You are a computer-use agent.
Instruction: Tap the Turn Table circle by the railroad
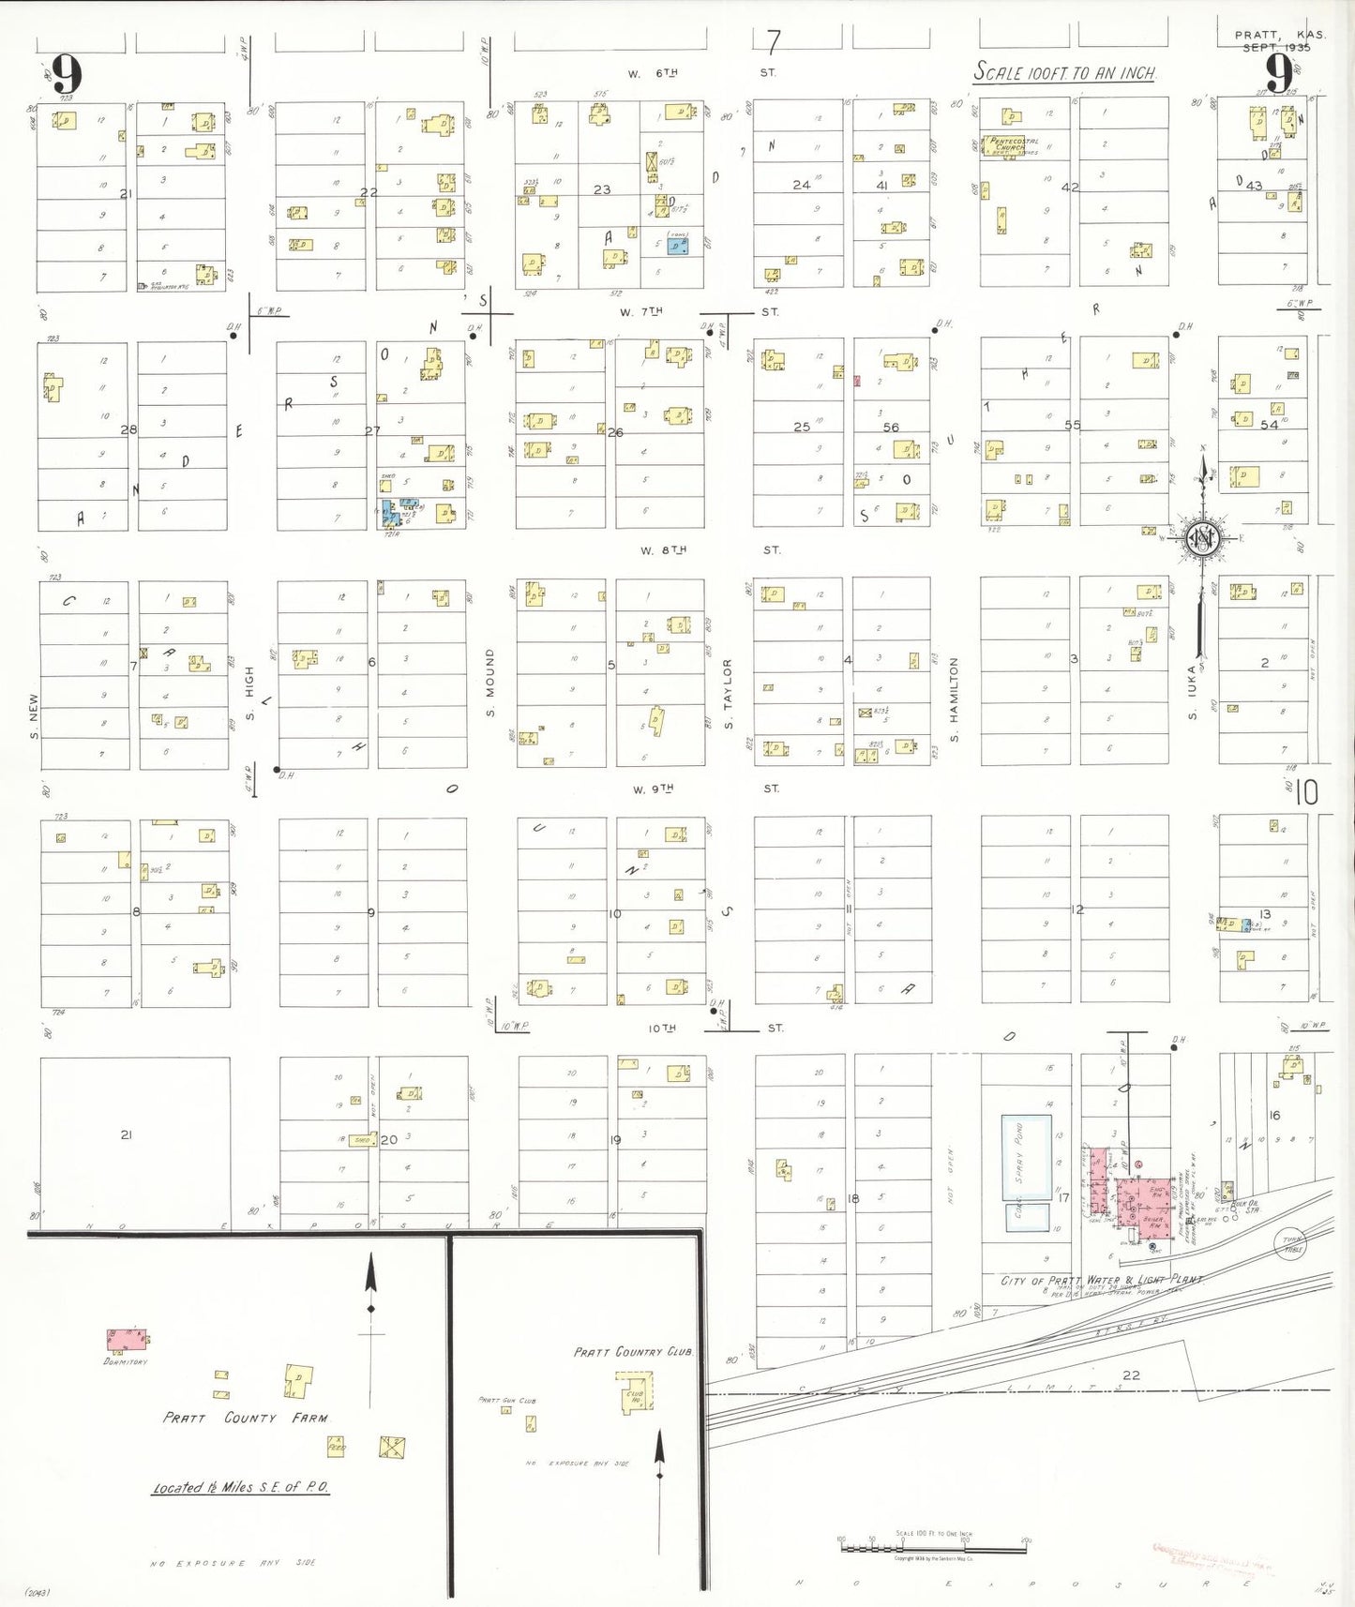pos(1292,1245)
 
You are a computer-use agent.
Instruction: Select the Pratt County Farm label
pos(246,1418)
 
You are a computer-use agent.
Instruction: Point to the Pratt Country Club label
pos(634,1352)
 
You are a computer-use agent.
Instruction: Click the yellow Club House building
pos(635,1393)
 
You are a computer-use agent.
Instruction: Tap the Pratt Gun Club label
pos(506,1400)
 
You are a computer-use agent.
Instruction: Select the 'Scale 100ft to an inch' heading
pos(1064,72)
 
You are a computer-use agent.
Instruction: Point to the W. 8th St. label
pos(664,550)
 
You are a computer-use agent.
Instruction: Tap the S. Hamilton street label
pos(955,699)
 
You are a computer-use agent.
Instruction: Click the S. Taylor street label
pos(728,694)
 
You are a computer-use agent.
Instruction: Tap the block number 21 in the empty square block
pos(126,1134)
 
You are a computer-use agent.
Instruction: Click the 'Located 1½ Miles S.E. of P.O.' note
pos(240,1488)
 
